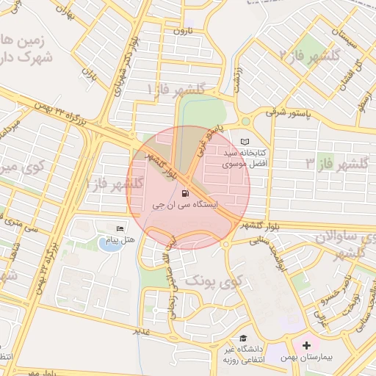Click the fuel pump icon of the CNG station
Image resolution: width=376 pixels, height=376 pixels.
(x=182, y=194)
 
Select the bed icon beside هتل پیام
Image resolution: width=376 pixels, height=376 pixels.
(x=120, y=228)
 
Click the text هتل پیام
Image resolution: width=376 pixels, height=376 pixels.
(x=120, y=240)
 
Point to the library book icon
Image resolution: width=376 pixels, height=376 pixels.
(x=245, y=142)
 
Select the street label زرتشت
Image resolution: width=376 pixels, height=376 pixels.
(x=236, y=79)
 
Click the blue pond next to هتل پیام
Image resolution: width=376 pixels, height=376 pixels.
(x=109, y=243)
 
